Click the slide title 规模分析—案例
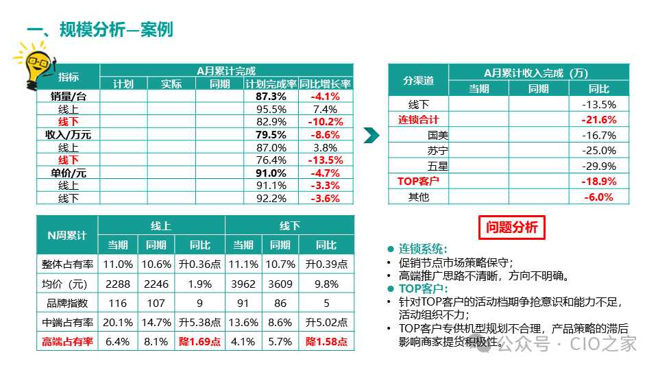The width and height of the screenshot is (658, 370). (x=99, y=29)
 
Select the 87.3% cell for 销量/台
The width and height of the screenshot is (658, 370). (x=271, y=97)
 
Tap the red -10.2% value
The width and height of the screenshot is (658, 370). (x=326, y=122)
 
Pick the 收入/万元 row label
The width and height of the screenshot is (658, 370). (x=68, y=134)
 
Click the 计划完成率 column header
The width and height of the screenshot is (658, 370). (x=271, y=84)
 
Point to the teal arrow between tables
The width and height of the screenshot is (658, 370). (x=371, y=135)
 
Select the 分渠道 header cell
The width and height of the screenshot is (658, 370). (x=418, y=80)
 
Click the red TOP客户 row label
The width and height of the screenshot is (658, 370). (x=418, y=182)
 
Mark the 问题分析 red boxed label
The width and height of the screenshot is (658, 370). (x=511, y=227)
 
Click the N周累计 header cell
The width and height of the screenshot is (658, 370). (x=66, y=235)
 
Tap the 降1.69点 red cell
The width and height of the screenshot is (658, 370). (x=195, y=341)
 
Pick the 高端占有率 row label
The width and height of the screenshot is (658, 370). (x=66, y=341)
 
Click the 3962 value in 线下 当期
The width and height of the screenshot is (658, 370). (x=243, y=284)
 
